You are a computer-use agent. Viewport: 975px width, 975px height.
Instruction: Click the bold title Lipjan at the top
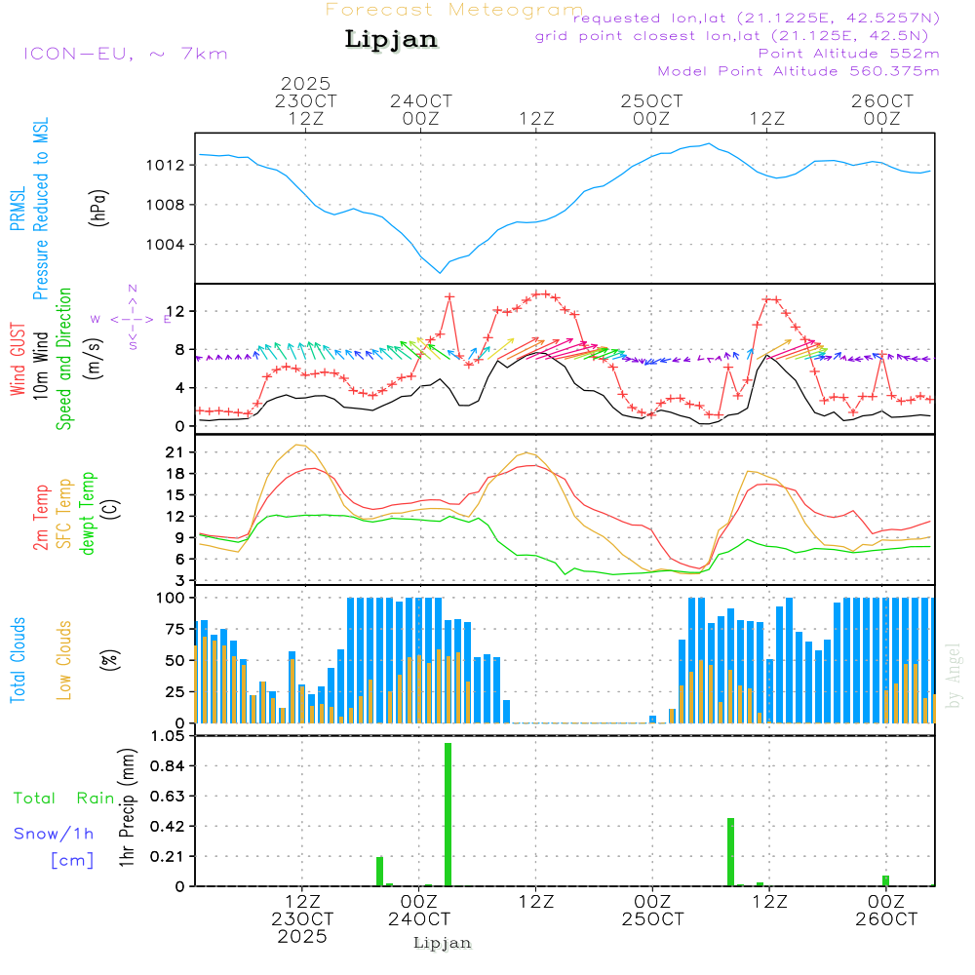(391, 40)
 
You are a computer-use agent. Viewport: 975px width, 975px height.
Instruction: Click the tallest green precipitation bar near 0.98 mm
(448, 814)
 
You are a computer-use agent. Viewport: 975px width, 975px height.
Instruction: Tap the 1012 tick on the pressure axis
(172, 165)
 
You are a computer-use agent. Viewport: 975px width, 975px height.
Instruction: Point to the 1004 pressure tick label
(172, 245)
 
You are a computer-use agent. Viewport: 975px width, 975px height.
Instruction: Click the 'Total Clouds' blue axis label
(19, 660)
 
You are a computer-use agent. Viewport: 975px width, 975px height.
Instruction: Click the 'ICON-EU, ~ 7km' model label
(125, 54)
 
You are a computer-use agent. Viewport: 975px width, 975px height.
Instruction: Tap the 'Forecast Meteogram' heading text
(454, 10)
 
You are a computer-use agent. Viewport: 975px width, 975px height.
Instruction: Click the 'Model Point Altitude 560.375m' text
(798, 71)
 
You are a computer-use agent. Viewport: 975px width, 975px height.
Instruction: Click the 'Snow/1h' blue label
(55, 834)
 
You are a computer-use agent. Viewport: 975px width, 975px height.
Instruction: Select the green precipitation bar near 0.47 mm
(730, 851)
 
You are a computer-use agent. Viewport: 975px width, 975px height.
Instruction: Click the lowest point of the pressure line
(441, 272)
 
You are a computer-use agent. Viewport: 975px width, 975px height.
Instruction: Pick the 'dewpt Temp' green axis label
(89, 514)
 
